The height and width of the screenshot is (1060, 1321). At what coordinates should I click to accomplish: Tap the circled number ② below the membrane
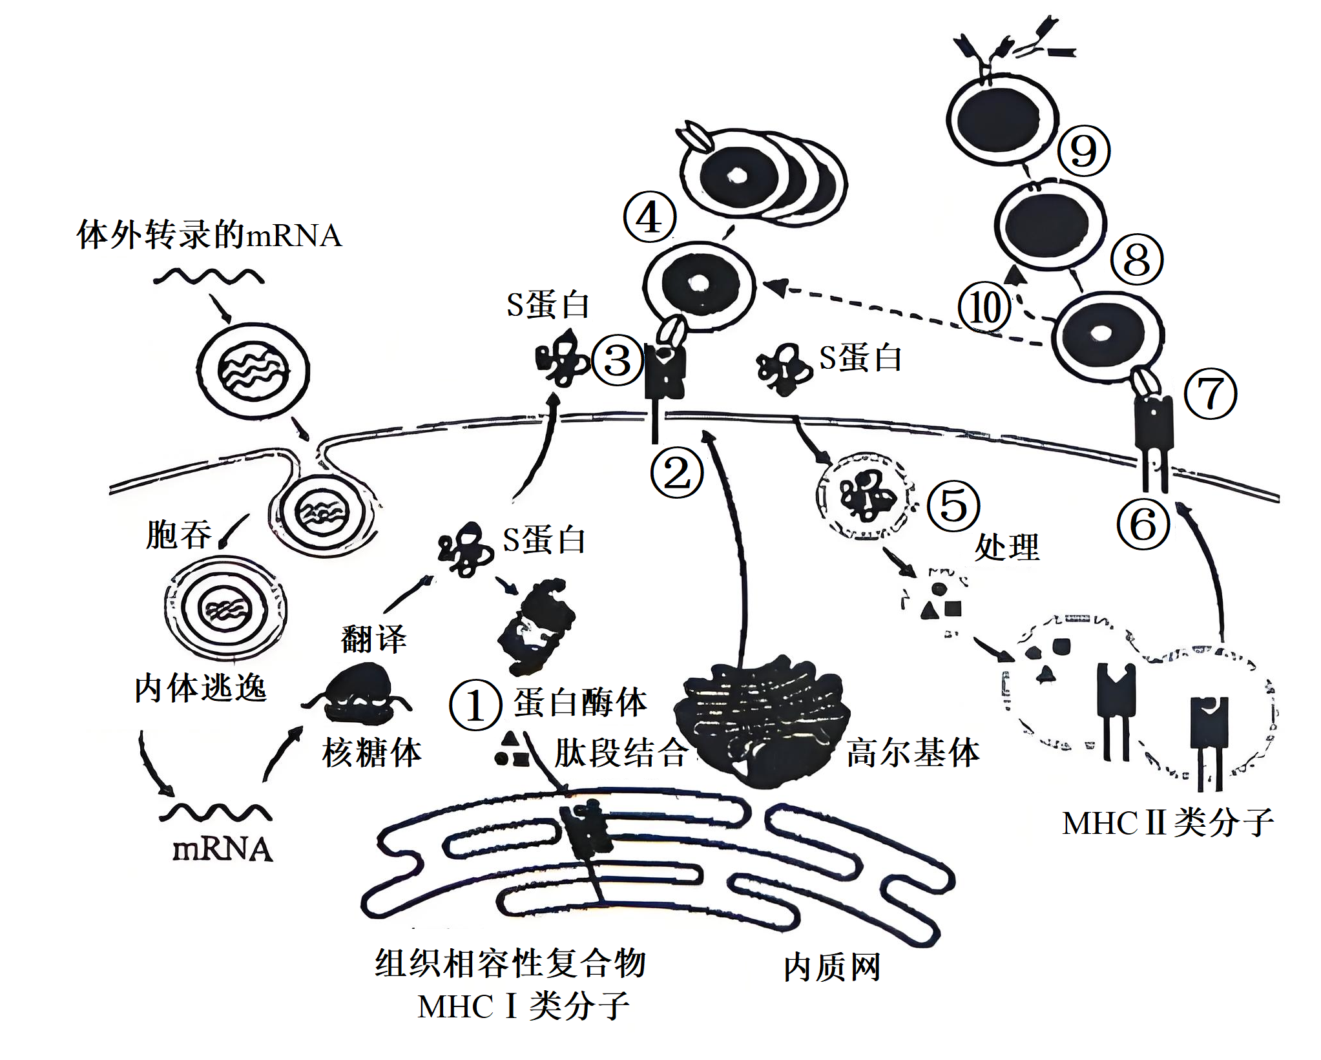tap(676, 474)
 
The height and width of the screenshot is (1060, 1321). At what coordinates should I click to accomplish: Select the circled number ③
tap(618, 360)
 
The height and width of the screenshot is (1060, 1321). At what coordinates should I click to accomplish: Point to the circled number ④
tap(649, 217)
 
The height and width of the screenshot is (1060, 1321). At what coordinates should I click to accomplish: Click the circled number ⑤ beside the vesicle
tap(953, 506)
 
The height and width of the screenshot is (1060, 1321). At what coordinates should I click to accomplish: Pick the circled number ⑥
tap(1143, 524)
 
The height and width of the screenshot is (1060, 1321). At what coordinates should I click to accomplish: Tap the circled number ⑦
tap(1211, 393)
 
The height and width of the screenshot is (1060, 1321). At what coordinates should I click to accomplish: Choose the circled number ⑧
tap(1137, 260)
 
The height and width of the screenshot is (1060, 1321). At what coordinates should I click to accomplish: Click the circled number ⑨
tap(1084, 151)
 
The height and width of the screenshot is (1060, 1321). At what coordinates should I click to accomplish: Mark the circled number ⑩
tap(984, 307)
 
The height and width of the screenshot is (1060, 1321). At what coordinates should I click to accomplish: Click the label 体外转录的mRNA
tap(209, 235)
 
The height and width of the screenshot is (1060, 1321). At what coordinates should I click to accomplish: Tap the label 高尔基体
tap(912, 753)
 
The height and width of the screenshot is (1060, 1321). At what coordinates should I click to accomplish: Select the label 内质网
tap(832, 968)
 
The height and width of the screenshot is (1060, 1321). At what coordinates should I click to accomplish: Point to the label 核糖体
tap(371, 753)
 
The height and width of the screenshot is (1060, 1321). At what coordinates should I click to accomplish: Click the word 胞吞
tap(179, 535)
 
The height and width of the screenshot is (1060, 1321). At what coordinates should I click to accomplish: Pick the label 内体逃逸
tap(200, 688)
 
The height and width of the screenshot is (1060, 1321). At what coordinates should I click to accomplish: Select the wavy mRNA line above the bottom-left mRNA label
tap(215, 813)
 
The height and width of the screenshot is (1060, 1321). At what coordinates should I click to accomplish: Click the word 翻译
tap(374, 639)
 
